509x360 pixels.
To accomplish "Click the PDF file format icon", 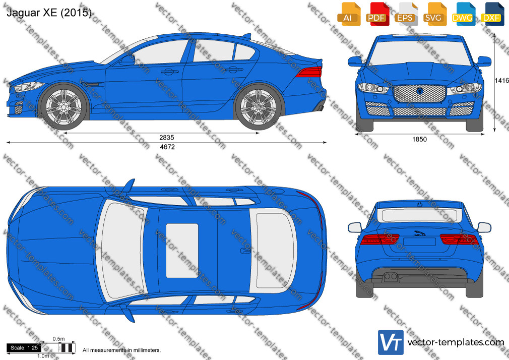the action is tap(377, 14).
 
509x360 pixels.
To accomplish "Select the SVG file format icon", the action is tap(434, 14).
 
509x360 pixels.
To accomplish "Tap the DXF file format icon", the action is tap(492, 14).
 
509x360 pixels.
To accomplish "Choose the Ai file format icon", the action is tap(349, 14).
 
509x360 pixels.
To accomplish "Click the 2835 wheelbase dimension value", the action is tap(167, 138).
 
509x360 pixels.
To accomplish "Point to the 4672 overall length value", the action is tap(167, 147).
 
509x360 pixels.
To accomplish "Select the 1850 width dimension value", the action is tap(419, 139).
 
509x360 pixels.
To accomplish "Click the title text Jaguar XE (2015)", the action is tap(49, 13).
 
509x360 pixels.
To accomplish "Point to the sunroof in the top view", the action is tap(182, 251).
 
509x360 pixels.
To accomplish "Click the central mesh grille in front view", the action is tap(420, 93).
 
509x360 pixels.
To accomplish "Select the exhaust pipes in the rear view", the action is tap(391, 277).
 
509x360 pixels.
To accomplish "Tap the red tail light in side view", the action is tap(310, 72).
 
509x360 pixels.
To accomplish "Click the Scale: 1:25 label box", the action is tap(24, 348).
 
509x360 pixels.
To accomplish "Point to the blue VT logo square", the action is tap(391, 342).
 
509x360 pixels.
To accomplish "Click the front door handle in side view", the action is tap(169, 71).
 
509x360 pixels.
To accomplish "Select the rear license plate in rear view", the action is tap(420, 242).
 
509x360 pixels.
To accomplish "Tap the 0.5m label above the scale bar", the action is tap(59, 339).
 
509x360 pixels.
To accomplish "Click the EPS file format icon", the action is tap(406, 14).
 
